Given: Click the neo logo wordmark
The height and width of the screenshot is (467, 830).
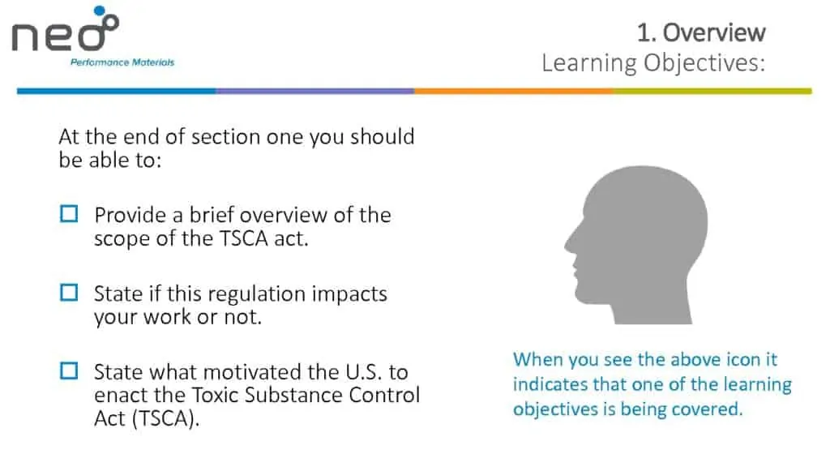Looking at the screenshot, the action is coord(65,32).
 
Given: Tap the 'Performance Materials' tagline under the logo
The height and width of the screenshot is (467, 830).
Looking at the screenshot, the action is coord(122,62).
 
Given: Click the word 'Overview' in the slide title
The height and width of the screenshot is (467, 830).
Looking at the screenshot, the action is coord(714,32).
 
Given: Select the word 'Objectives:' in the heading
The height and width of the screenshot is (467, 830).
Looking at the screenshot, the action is coord(704,63).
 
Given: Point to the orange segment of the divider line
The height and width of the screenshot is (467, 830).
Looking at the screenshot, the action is coord(513,91).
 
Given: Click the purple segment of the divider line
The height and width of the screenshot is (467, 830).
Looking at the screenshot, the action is coord(315,91).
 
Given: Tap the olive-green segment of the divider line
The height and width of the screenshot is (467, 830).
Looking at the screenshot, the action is coord(712,91).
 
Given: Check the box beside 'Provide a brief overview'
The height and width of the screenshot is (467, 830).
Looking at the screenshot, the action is coord(69,214).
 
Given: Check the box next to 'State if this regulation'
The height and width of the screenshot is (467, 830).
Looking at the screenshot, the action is coord(69,292).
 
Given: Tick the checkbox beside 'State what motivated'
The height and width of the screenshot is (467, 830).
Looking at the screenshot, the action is coord(69,371).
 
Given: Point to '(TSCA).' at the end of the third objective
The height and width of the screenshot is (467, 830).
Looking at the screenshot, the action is coord(165,419).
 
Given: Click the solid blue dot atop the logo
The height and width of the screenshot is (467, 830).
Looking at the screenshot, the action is coord(99,11).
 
